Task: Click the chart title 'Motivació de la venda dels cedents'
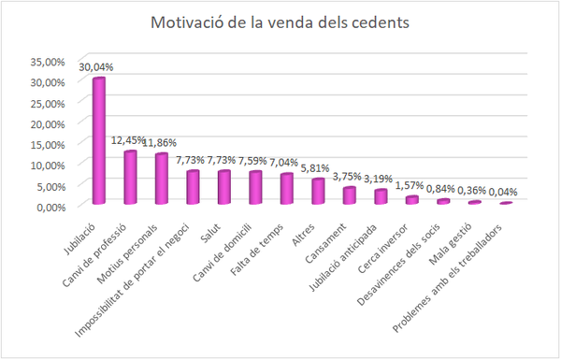pos(280,23)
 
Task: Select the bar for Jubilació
pos(99,140)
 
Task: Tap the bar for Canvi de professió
pos(130,177)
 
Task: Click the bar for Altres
pos(318,191)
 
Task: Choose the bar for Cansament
pos(349,194)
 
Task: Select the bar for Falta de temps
pos(287,188)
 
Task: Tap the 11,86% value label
pos(161,143)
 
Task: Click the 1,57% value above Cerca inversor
pos(411,185)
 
